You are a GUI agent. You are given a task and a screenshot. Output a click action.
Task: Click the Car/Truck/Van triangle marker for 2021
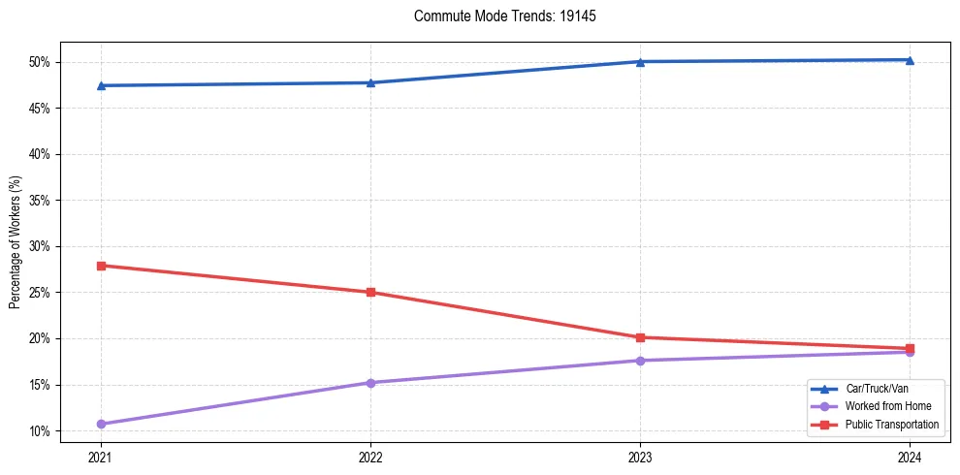[101, 85]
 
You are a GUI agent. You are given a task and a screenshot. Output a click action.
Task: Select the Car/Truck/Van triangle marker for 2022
[370, 82]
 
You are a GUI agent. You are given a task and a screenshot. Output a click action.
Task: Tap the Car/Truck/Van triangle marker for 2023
[640, 61]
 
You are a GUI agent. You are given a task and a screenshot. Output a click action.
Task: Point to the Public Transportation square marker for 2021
[101, 266]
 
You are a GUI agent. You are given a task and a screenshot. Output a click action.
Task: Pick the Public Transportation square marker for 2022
[370, 292]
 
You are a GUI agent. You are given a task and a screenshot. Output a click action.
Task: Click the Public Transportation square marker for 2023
[640, 337]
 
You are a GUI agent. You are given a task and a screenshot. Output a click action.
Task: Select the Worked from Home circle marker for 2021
[101, 424]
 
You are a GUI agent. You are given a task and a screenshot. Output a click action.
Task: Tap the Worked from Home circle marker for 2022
[370, 382]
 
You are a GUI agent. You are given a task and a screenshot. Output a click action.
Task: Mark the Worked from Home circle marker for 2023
[640, 361]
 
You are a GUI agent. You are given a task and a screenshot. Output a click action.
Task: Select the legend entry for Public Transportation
[891, 425]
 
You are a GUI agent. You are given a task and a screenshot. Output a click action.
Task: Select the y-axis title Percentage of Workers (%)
[16, 241]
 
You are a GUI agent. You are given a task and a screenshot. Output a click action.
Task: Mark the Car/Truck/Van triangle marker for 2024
[910, 59]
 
